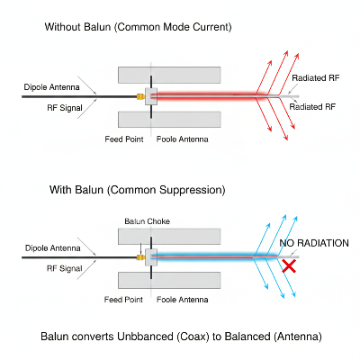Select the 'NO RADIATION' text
pyautogui.click(x=313, y=244)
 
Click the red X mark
pyautogui.click(x=289, y=266)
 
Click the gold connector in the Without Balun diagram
pyautogui.click(x=139, y=94)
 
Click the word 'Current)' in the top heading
pyautogui.click(x=210, y=28)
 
